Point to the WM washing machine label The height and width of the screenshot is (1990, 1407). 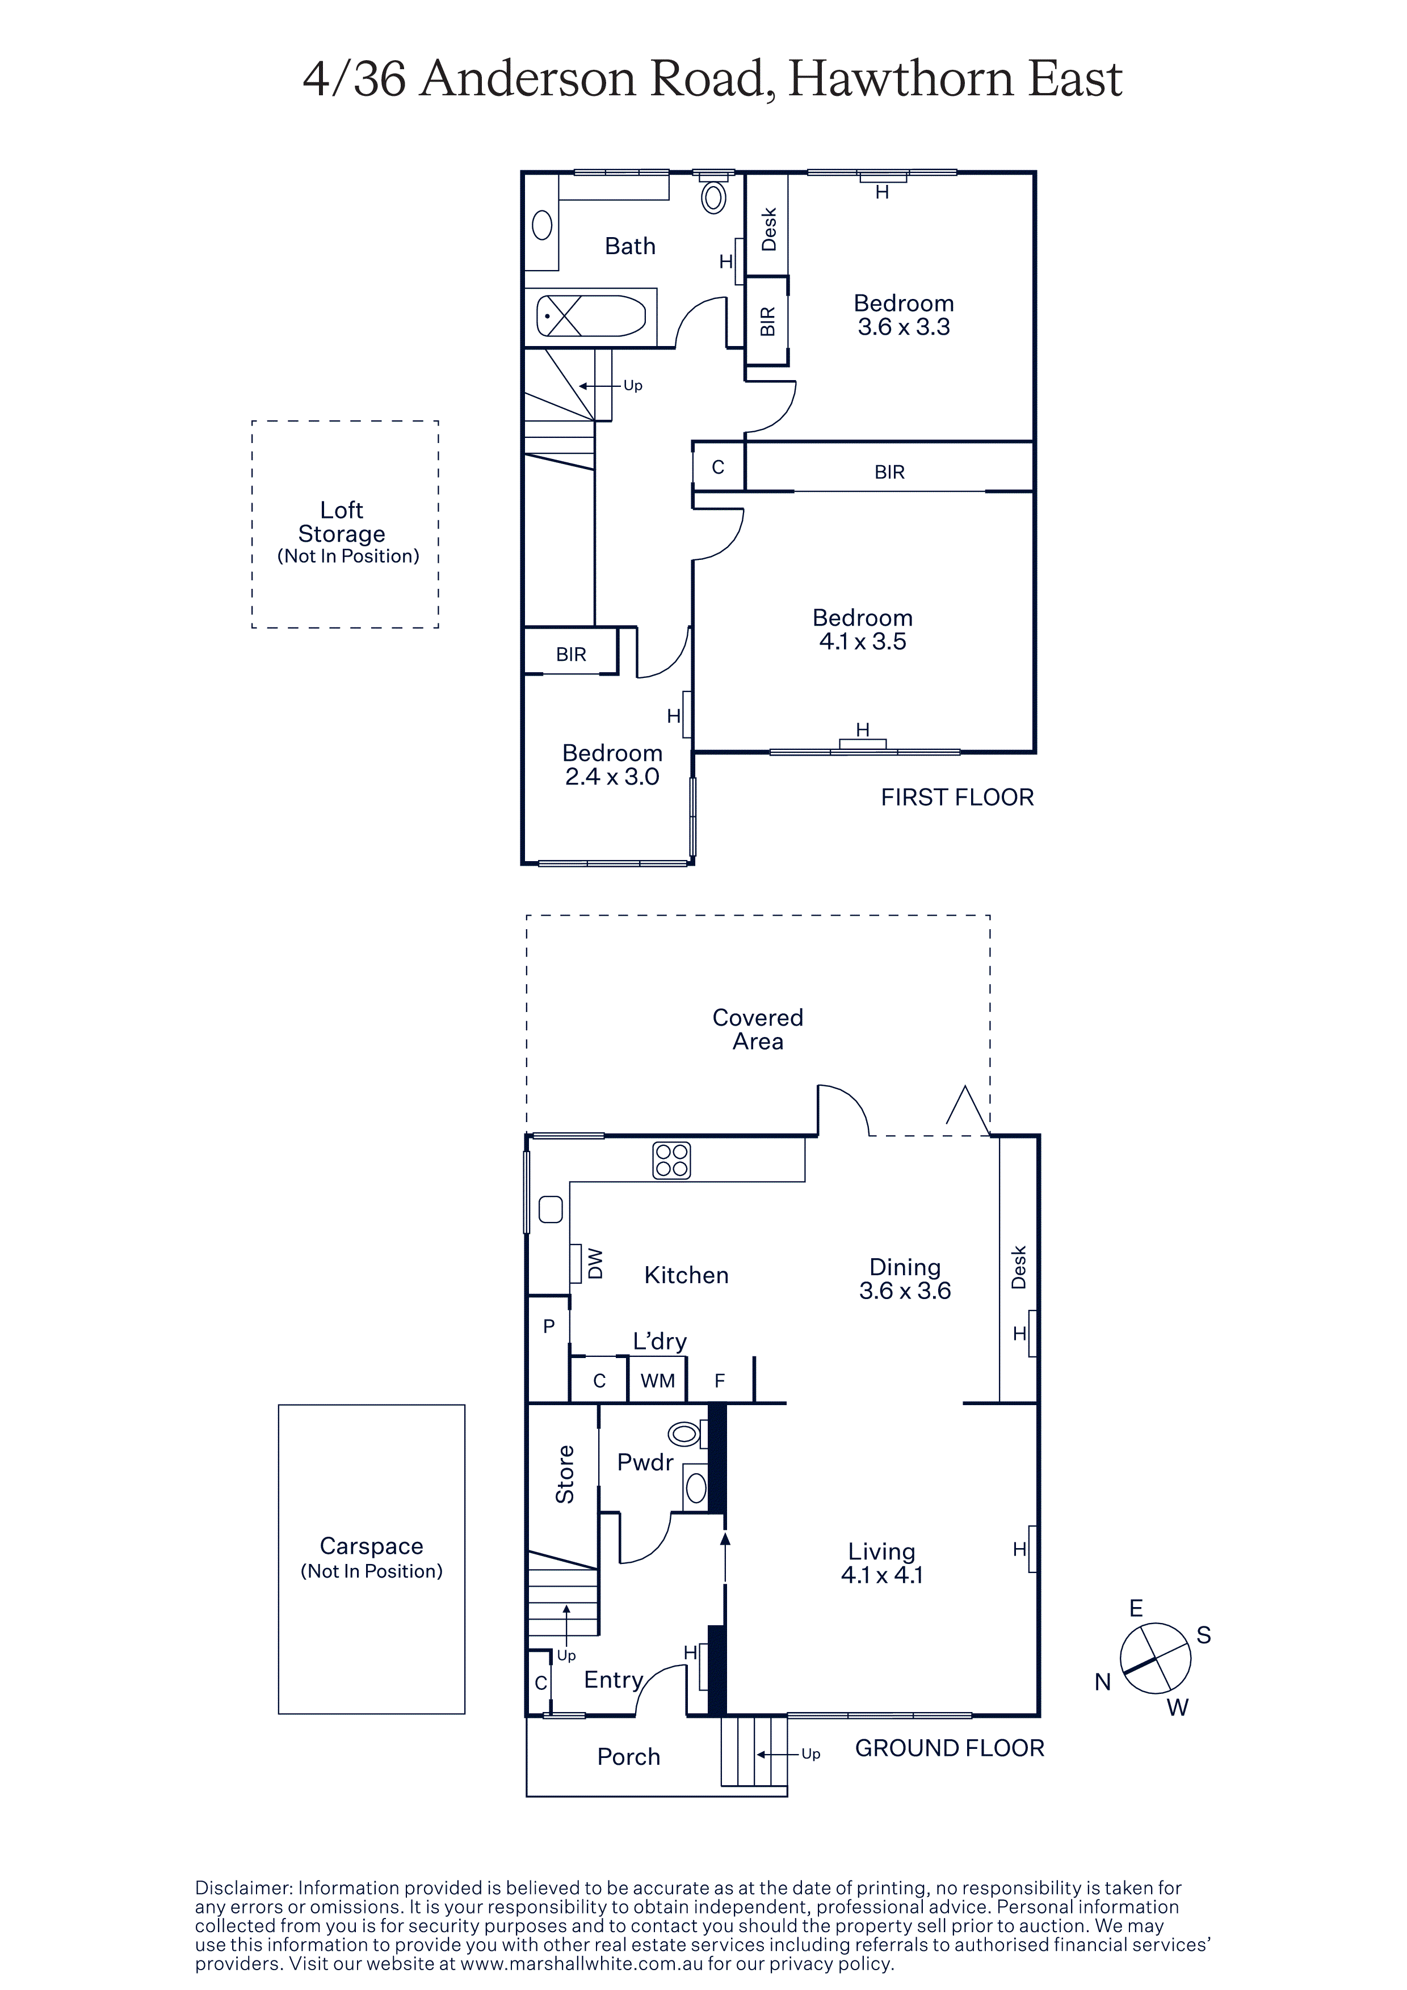(657, 1381)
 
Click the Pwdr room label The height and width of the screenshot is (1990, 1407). (645, 1462)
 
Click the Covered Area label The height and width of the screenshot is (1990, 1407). (758, 1029)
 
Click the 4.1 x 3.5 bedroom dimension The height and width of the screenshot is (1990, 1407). (863, 642)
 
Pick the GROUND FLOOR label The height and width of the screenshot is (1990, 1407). (950, 1748)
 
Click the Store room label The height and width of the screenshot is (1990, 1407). (564, 1473)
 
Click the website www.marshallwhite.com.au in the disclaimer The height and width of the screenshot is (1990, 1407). (581, 1964)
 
